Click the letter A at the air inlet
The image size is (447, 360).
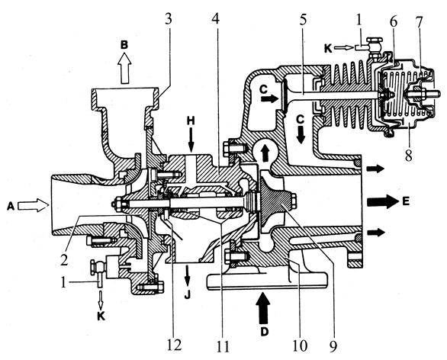11,205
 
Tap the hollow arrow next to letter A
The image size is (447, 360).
33,205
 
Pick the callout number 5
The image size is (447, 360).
302,20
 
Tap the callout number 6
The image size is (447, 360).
394,21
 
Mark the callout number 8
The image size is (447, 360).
409,155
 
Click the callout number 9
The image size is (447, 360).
333,346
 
